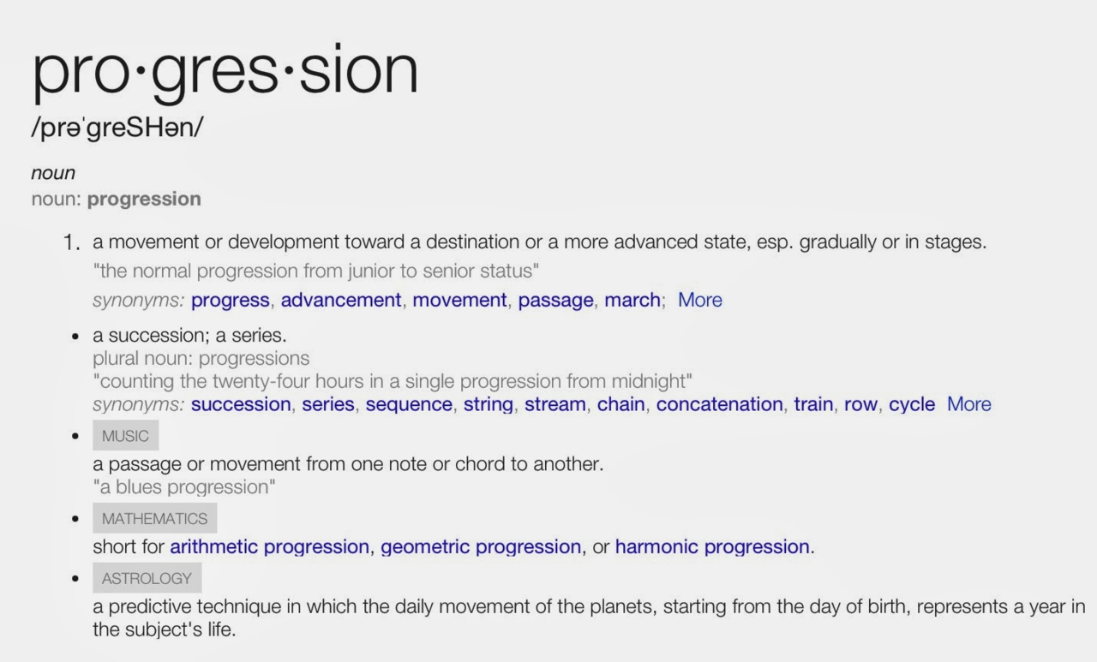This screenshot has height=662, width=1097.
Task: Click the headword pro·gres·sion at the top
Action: [x=225, y=73]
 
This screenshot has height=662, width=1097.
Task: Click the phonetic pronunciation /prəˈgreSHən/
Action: [x=117, y=128]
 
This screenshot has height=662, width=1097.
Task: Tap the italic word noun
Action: [x=53, y=173]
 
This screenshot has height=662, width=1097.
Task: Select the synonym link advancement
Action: [x=341, y=300]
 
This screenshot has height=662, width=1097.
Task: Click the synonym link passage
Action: [x=556, y=301]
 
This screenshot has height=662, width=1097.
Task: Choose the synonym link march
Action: [x=632, y=300]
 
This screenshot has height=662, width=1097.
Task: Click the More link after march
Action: [x=700, y=300]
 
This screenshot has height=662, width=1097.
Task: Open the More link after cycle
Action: [x=968, y=404]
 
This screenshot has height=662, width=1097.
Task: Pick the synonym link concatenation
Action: [x=719, y=404]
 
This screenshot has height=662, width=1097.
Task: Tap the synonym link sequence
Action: [x=409, y=404]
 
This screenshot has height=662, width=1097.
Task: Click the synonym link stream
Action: [x=554, y=404]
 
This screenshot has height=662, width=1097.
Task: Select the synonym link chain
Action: [x=621, y=404]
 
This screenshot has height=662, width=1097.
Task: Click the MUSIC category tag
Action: [x=125, y=435]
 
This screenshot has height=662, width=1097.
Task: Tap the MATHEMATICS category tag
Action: [x=155, y=518]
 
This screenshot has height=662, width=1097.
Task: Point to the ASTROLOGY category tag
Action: [x=147, y=578]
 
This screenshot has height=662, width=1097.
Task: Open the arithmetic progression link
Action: [x=270, y=547]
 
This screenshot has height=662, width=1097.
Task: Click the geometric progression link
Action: [x=481, y=547]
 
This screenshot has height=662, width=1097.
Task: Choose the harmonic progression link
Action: [x=712, y=547]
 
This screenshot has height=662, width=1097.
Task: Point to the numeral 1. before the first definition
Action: [x=71, y=242]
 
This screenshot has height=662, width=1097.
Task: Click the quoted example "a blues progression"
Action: [x=184, y=487]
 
